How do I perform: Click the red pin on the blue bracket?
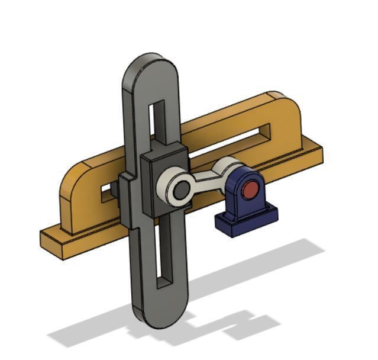click(x=250, y=190)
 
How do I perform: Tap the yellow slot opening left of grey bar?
click(x=107, y=192)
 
